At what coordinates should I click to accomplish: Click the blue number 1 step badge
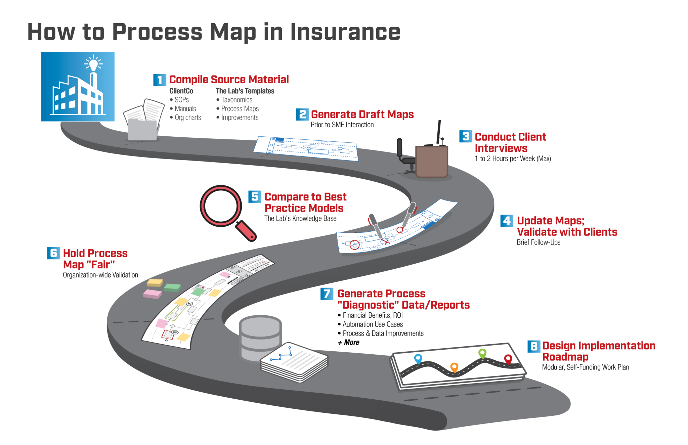coord(160,80)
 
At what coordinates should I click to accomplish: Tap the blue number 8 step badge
coord(534,346)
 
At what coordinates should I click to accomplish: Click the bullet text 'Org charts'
coord(188,118)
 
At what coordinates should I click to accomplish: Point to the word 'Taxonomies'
coord(236,100)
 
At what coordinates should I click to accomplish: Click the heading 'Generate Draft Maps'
coord(362,115)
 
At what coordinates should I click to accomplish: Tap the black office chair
coord(405,156)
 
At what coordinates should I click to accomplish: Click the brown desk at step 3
coord(432,161)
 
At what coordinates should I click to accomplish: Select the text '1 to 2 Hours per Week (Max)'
coord(513,159)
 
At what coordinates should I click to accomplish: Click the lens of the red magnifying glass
coord(221,206)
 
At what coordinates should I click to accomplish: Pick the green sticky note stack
coord(172,287)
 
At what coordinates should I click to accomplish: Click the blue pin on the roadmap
coord(418,358)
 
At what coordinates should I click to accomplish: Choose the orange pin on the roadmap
coord(454,367)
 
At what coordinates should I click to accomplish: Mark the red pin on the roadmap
coord(508,359)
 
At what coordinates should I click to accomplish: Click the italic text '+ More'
coord(348,343)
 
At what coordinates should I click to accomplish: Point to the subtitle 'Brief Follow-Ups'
coord(538,242)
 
